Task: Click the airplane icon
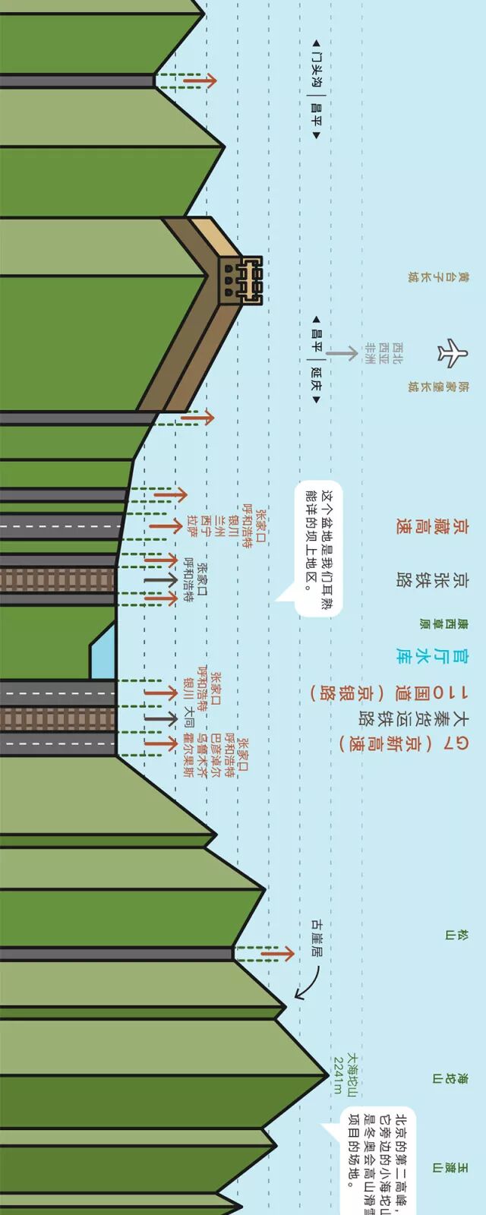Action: coord(453,352)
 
